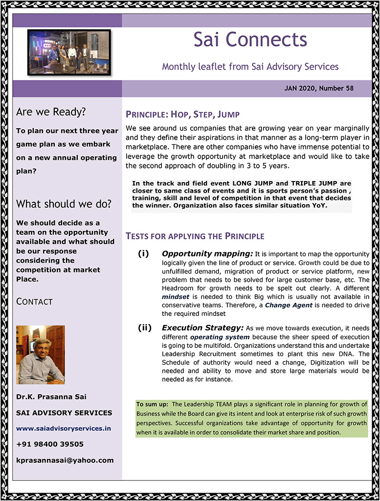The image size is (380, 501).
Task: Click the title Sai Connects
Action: pos(250,40)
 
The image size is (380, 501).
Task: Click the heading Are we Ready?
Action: pos(51,112)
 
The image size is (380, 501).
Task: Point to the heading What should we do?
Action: pos(64,204)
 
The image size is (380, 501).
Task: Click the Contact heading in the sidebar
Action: pos(34,301)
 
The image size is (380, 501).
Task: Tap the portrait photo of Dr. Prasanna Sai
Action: pos(41,355)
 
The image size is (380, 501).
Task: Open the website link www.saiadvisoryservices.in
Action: pos(64,428)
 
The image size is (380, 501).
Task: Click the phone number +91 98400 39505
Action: pos(50,444)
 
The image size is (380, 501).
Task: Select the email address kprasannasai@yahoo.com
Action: pos(65,460)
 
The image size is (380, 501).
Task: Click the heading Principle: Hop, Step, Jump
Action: pos(182,115)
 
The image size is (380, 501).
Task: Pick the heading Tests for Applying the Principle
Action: pos(195,236)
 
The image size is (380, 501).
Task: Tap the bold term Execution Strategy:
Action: pos(202,328)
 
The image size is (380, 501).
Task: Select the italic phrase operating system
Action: pos(220,337)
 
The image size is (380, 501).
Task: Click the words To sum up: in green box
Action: pos(152,404)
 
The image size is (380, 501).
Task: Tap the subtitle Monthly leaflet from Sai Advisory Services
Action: pos(250,67)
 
